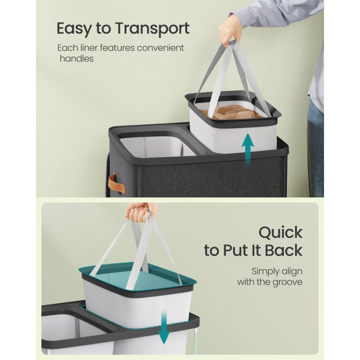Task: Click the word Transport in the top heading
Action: pos(152,29)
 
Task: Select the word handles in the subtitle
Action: pos(77,58)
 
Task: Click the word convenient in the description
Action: pos(161,48)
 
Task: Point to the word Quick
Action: pos(280,233)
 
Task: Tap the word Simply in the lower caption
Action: pos(265,271)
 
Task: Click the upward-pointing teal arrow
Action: pos(248,150)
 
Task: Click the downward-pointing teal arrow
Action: pos(164,326)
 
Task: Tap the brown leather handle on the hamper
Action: pos(117,184)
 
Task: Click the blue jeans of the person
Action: pos(316,147)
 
